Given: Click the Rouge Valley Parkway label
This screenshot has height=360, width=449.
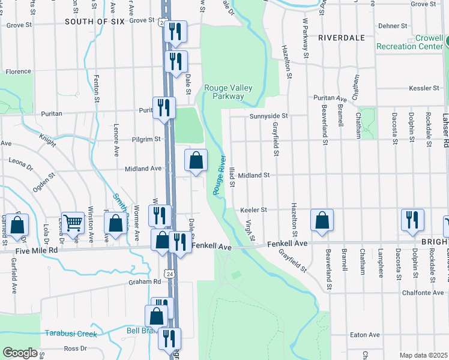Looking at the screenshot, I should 228,92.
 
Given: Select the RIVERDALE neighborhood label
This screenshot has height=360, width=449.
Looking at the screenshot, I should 342,37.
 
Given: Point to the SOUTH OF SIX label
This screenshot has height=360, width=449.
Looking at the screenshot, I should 94,21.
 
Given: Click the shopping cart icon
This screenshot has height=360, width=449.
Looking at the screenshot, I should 73,223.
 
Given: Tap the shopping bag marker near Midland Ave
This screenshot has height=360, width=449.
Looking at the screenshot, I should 196,161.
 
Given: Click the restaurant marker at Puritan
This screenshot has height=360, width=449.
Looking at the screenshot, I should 164,109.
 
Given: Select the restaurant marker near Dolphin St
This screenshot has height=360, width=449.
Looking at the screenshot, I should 412,220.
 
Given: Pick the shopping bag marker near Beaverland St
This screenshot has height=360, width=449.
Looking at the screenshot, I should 322,220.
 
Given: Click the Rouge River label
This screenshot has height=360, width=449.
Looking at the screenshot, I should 218,175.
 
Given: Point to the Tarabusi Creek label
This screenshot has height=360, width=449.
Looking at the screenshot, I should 70,333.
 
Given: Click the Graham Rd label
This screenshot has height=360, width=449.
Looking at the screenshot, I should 145,281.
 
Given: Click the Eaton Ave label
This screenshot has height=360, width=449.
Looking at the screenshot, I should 366,335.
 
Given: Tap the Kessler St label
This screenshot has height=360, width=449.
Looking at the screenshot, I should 424,88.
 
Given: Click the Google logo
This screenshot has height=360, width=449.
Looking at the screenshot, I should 20,353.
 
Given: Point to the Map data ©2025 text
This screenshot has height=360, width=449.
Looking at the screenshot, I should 423,355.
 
